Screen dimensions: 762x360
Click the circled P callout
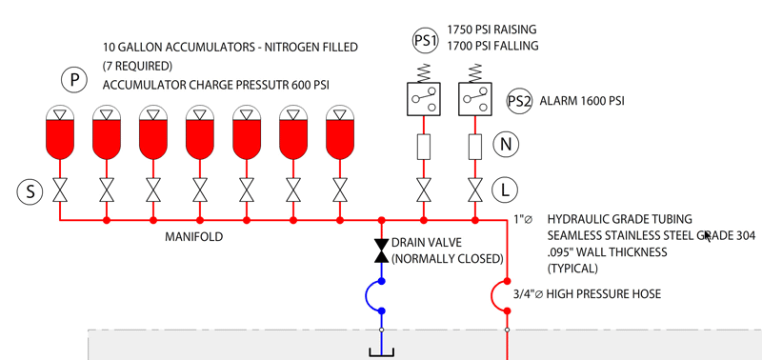[74, 80]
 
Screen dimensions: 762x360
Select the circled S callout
[30, 191]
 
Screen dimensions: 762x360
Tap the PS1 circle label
[425, 41]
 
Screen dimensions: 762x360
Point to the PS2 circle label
[519, 101]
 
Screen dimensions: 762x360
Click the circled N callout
[506, 144]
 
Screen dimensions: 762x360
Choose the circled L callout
[505, 190]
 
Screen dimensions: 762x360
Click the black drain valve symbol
[382, 250]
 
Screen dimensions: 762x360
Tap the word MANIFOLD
[194, 237]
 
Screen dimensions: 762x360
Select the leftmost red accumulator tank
[60, 133]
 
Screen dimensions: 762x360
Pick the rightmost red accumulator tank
[340, 133]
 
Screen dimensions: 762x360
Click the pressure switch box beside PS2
[475, 99]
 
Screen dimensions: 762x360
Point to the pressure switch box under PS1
[424, 99]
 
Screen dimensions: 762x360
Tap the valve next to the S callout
[60, 190]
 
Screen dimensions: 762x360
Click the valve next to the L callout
[475, 190]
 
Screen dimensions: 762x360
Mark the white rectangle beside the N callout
[475, 148]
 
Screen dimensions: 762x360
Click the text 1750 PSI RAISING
[491, 30]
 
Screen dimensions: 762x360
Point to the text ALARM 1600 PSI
[582, 101]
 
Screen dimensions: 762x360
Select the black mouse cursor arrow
[708, 236]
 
